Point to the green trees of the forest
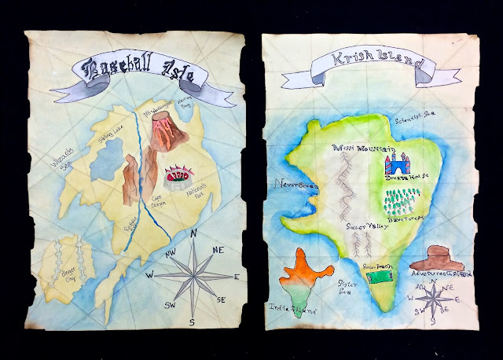pyautogui.click(x=402, y=200)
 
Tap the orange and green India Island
pyautogui.click(x=306, y=276)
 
